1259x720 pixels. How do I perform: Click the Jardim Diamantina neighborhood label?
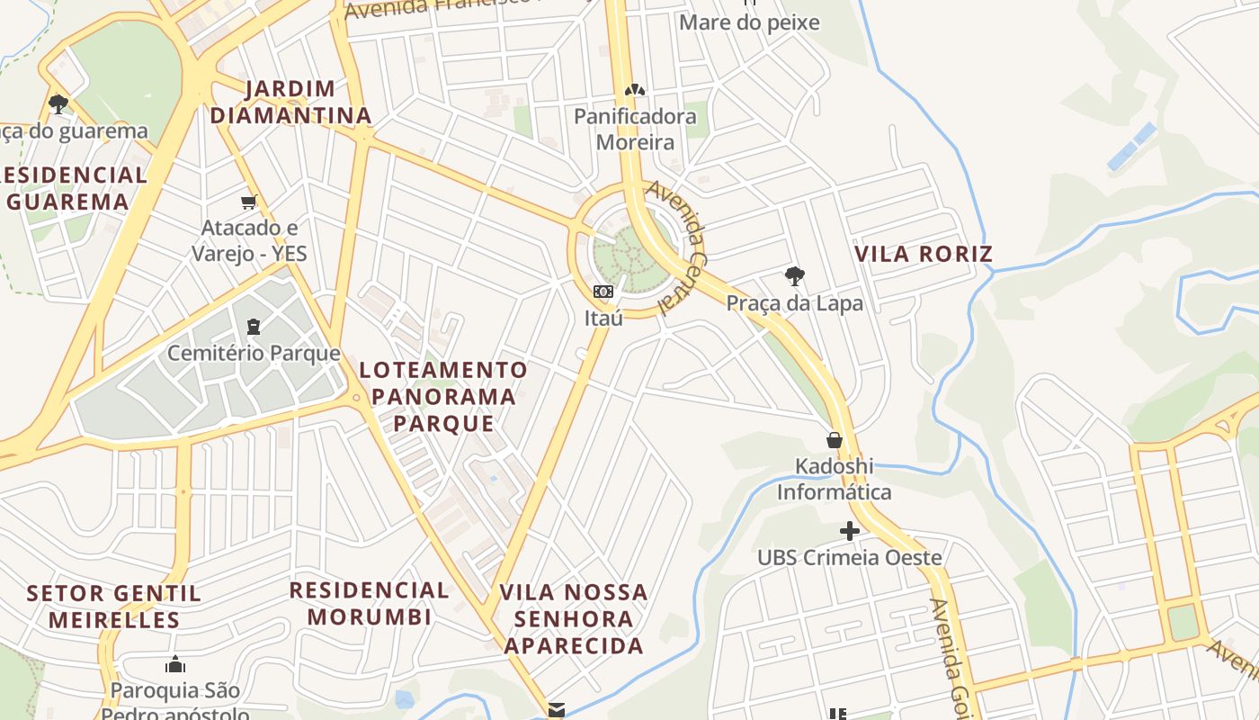pos(290,102)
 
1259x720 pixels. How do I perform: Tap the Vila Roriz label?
pos(924,254)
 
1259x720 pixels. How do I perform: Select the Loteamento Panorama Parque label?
pos(443,396)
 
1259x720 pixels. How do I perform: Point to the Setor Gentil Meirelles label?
pos(114,607)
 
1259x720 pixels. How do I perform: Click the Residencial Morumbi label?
pos(370,603)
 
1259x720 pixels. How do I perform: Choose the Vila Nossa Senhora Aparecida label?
pos(574,618)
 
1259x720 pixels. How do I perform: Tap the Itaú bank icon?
pos(603,292)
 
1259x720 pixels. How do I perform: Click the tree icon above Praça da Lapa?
pos(794,276)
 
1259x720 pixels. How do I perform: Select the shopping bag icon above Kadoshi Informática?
pos(835,440)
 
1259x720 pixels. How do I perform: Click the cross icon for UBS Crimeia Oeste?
pos(849,532)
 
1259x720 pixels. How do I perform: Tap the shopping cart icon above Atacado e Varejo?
pos(249,202)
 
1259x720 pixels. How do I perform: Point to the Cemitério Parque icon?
pos(253,326)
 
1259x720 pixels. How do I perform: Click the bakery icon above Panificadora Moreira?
pos(635,90)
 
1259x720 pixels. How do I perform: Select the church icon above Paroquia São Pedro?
pos(175,665)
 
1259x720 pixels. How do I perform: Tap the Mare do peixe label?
pos(749,22)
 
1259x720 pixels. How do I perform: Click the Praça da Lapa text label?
pos(795,303)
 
